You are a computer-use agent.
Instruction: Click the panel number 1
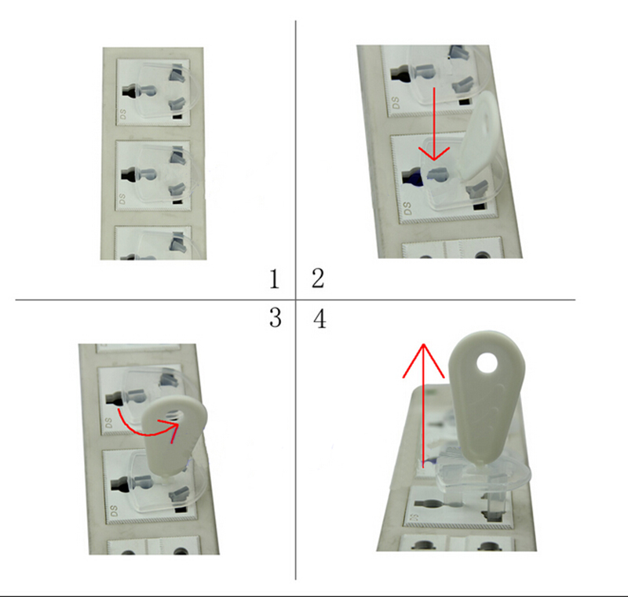[x=274, y=279]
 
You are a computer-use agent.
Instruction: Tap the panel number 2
[x=318, y=278]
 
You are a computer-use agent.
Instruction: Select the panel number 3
[x=276, y=318]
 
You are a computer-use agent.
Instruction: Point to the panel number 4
[x=319, y=319]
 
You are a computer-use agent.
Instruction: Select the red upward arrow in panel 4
[x=423, y=404]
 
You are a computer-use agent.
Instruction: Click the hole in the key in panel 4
[x=487, y=363]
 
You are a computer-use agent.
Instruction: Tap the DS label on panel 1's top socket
[x=122, y=114]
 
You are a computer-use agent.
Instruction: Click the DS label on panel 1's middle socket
[x=122, y=198]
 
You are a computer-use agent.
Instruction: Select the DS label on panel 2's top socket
[x=396, y=103]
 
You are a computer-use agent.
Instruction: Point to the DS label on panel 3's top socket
[x=108, y=423]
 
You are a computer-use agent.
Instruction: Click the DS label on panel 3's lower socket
[x=114, y=511]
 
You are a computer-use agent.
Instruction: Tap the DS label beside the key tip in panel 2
[x=407, y=208]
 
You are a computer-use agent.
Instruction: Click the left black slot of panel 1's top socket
[x=129, y=92]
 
